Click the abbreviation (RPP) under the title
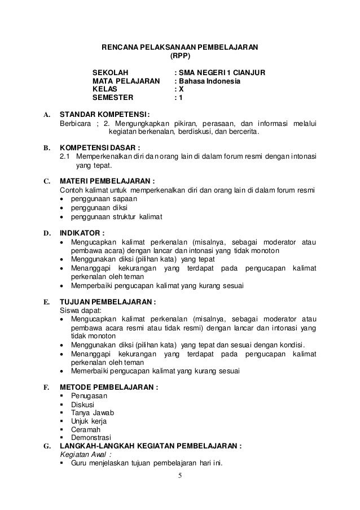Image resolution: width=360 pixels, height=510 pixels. tap(180, 56)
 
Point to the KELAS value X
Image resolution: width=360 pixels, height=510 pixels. tap(180, 89)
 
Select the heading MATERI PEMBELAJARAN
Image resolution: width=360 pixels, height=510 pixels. tap(107, 182)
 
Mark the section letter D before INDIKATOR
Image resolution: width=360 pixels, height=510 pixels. tap(45, 232)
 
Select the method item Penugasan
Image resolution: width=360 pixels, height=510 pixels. tap(89, 396)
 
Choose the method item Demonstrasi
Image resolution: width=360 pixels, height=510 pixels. tap(92, 438)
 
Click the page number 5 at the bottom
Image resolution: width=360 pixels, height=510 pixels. tap(180, 475)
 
